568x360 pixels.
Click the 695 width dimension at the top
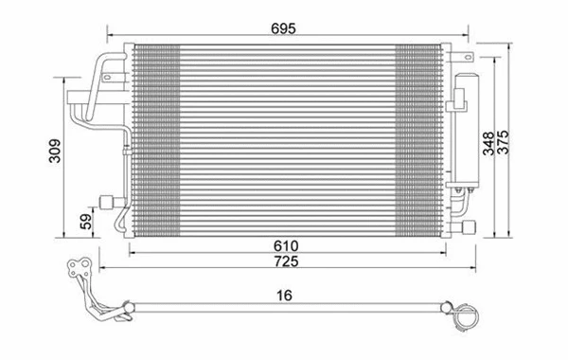[284, 29]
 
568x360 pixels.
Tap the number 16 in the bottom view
[284, 296]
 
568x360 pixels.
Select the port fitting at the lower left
[106, 200]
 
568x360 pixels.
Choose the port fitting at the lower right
[469, 225]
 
